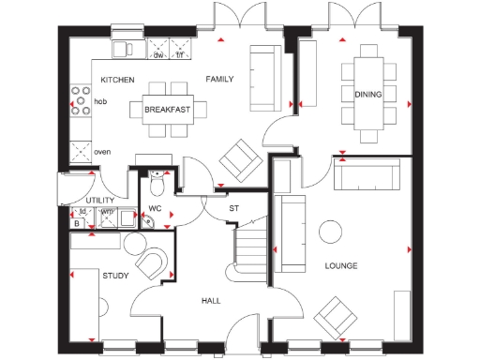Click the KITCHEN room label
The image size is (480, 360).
[117, 80]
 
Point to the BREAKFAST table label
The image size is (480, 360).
[168, 110]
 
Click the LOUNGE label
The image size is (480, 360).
[341, 266]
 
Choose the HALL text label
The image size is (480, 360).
[211, 301]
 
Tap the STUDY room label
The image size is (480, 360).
[115, 276]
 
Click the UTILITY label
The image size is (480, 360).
[100, 201]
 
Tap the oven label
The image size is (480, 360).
[102, 151]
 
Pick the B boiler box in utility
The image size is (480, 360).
[77, 222]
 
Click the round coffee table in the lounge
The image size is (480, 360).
[331, 232]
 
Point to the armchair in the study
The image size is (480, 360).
[151, 263]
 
